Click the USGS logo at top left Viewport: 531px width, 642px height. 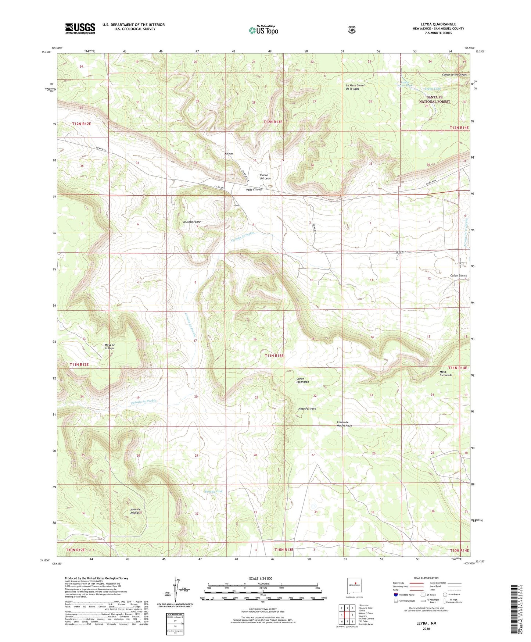[x=80, y=28]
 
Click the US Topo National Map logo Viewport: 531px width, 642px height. [x=263, y=30]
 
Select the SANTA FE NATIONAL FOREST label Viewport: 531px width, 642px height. [x=434, y=99]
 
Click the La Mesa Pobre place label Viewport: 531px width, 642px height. [x=191, y=222]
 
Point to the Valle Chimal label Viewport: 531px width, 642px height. [x=254, y=190]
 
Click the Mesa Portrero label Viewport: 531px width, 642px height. [x=307, y=409]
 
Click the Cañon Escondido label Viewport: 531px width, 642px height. [x=302, y=380]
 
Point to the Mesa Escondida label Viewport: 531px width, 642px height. [x=446, y=373]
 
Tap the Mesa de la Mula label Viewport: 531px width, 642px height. [x=110, y=346]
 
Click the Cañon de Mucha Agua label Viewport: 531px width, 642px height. [x=344, y=424]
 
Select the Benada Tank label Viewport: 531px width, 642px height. [x=214, y=491]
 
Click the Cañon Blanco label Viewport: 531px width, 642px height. [x=458, y=275]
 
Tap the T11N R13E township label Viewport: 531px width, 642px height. [x=274, y=356]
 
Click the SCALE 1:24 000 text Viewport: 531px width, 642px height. [x=261, y=578]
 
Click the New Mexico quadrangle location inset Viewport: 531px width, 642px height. [x=354, y=584]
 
